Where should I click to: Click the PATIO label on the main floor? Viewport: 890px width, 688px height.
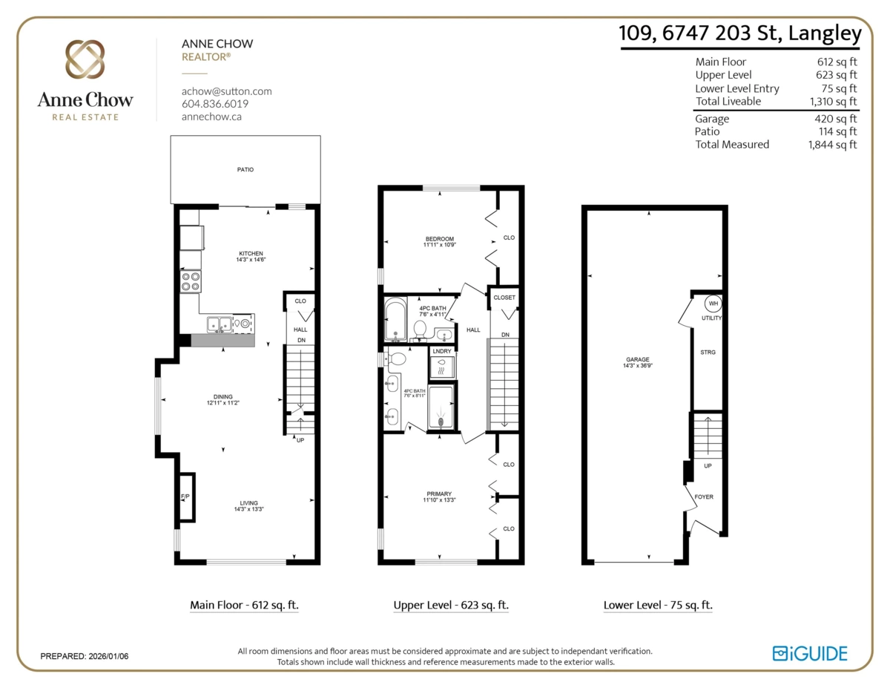point(245,170)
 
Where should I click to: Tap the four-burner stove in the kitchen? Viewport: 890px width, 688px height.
point(191,281)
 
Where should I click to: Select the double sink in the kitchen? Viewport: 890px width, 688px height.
point(220,324)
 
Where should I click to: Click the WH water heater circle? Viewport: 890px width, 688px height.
point(713,304)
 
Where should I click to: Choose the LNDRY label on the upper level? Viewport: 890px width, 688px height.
point(442,351)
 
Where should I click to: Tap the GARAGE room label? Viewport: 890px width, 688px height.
point(638,359)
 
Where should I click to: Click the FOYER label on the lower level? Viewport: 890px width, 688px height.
point(704,497)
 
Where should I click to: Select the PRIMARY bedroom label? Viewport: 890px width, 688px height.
point(439,494)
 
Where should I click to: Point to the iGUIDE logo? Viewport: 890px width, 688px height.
point(810,653)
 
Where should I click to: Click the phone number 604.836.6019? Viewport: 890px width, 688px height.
point(215,104)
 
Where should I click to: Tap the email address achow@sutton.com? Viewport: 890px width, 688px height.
point(227,91)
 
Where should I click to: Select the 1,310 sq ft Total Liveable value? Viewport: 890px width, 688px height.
point(833,101)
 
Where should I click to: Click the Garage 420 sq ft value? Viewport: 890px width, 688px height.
point(836,119)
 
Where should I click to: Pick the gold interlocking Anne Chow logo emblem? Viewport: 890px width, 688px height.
point(85,59)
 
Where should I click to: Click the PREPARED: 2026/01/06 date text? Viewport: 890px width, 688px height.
point(85,656)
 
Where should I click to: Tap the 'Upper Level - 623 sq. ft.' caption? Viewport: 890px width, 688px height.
point(451,605)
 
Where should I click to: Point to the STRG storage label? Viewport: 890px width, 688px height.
point(708,352)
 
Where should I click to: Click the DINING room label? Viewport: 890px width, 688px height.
point(222,396)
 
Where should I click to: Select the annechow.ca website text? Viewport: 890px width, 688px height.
point(212,117)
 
